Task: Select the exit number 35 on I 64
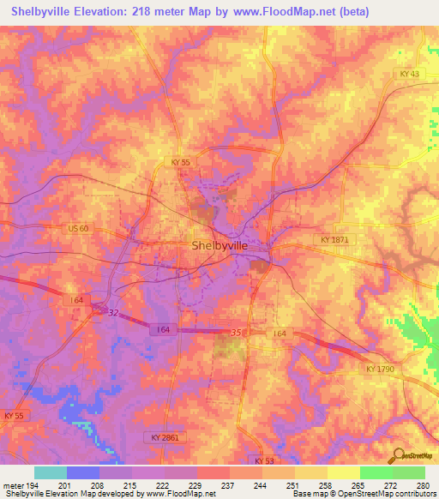(x=238, y=332)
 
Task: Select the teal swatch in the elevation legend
(x=51, y=472)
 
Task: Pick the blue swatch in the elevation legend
(x=83, y=472)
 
